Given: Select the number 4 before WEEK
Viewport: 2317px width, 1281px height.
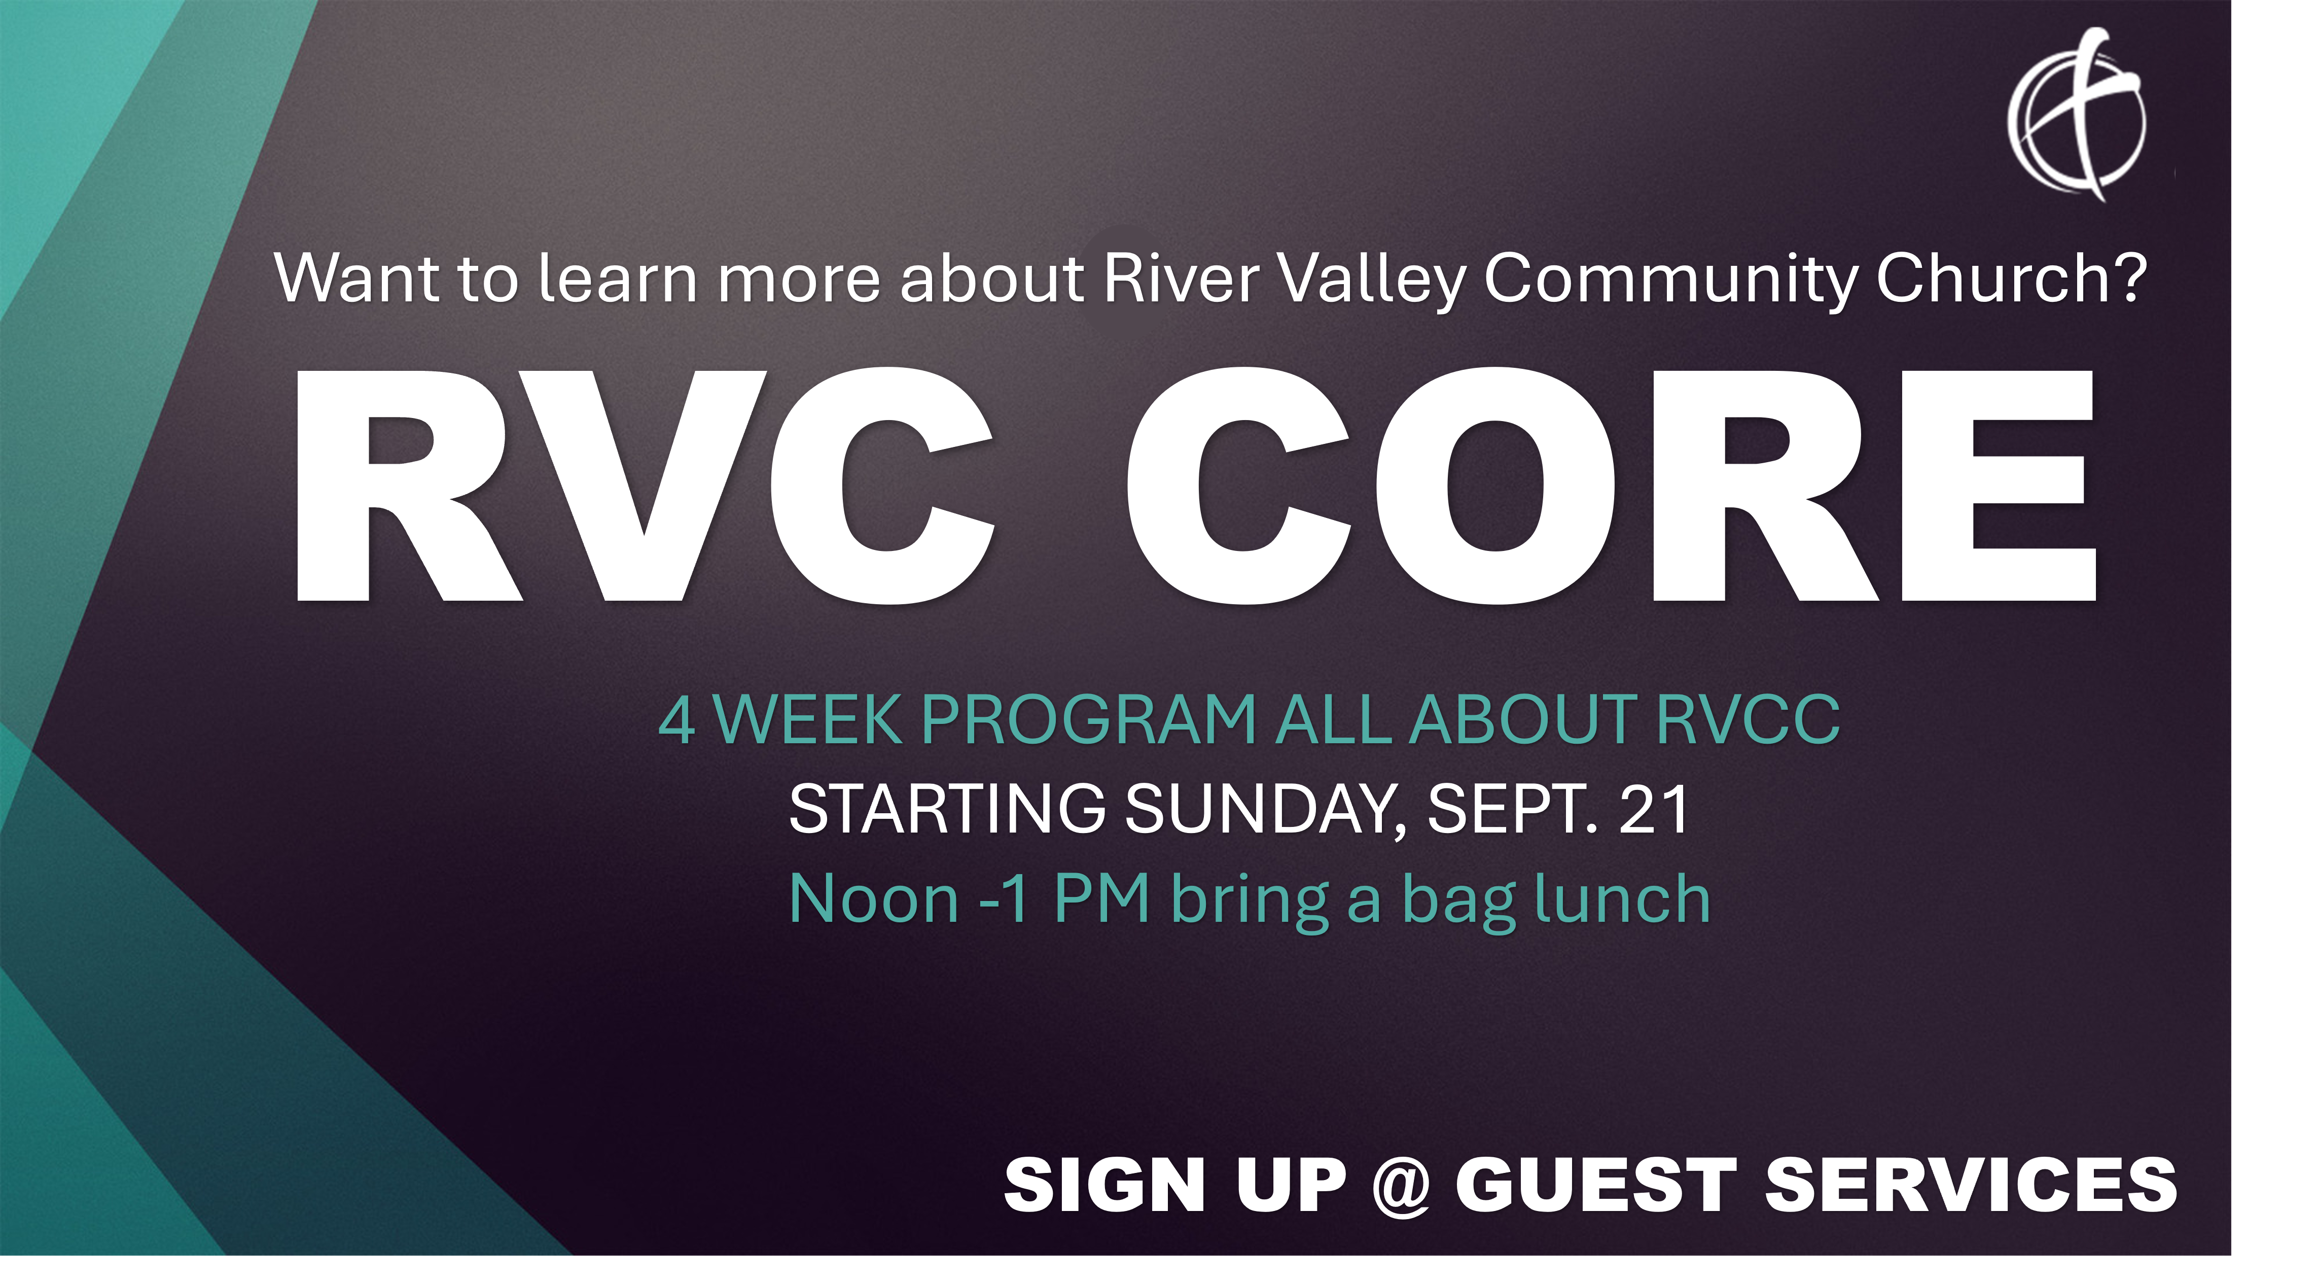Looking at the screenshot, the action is (676, 720).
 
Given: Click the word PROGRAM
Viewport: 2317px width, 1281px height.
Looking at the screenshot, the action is (1088, 720).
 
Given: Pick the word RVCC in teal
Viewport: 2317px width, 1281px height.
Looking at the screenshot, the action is (1748, 720).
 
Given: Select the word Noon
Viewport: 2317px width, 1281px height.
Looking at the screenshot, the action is (874, 899).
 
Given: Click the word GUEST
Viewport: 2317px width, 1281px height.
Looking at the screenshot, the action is (1596, 1185).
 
